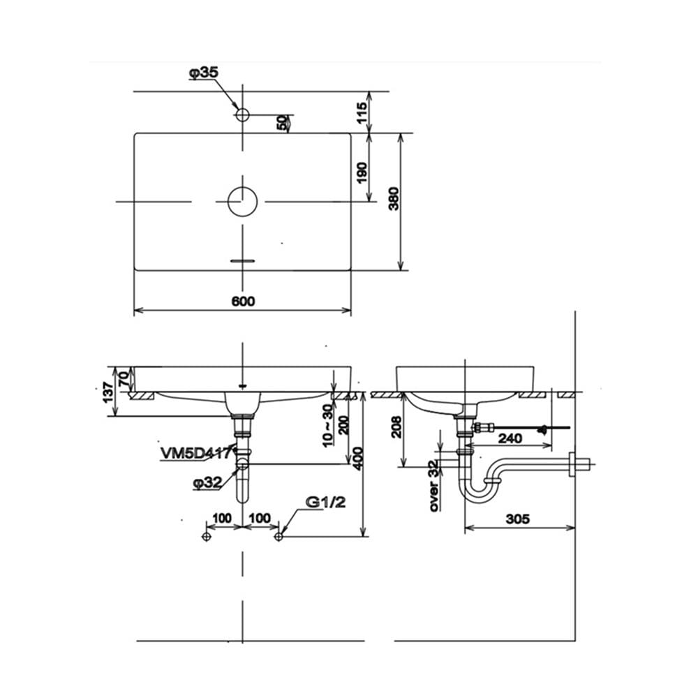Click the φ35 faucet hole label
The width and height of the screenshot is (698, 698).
click(x=204, y=73)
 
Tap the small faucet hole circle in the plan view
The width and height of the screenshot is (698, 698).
click(x=242, y=115)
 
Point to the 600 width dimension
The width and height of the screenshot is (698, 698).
click(x=244, y=302)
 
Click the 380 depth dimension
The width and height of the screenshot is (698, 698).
click(x=394, y=198)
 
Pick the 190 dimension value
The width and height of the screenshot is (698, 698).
click(x=362, y=172)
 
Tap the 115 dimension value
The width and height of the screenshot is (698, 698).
click(x=362, y=113)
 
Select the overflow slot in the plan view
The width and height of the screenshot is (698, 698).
click(x=243, y=260)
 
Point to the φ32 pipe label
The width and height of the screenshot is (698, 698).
click(x=207, y=482)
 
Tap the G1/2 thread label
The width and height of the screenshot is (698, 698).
click(x=326, y=502)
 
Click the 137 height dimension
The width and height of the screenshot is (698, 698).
click(x=108, y=392)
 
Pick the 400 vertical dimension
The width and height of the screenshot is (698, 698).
click(x=358, y=459)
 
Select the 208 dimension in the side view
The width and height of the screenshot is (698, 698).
click(x=396, y=427)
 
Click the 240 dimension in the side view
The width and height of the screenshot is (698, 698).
click(x=510, y=438)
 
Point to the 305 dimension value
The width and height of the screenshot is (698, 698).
click(x=518, y=519)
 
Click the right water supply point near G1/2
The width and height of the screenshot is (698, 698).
click(x=279, y=537)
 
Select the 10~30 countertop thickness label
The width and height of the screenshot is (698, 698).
click(x=327, y=425)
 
